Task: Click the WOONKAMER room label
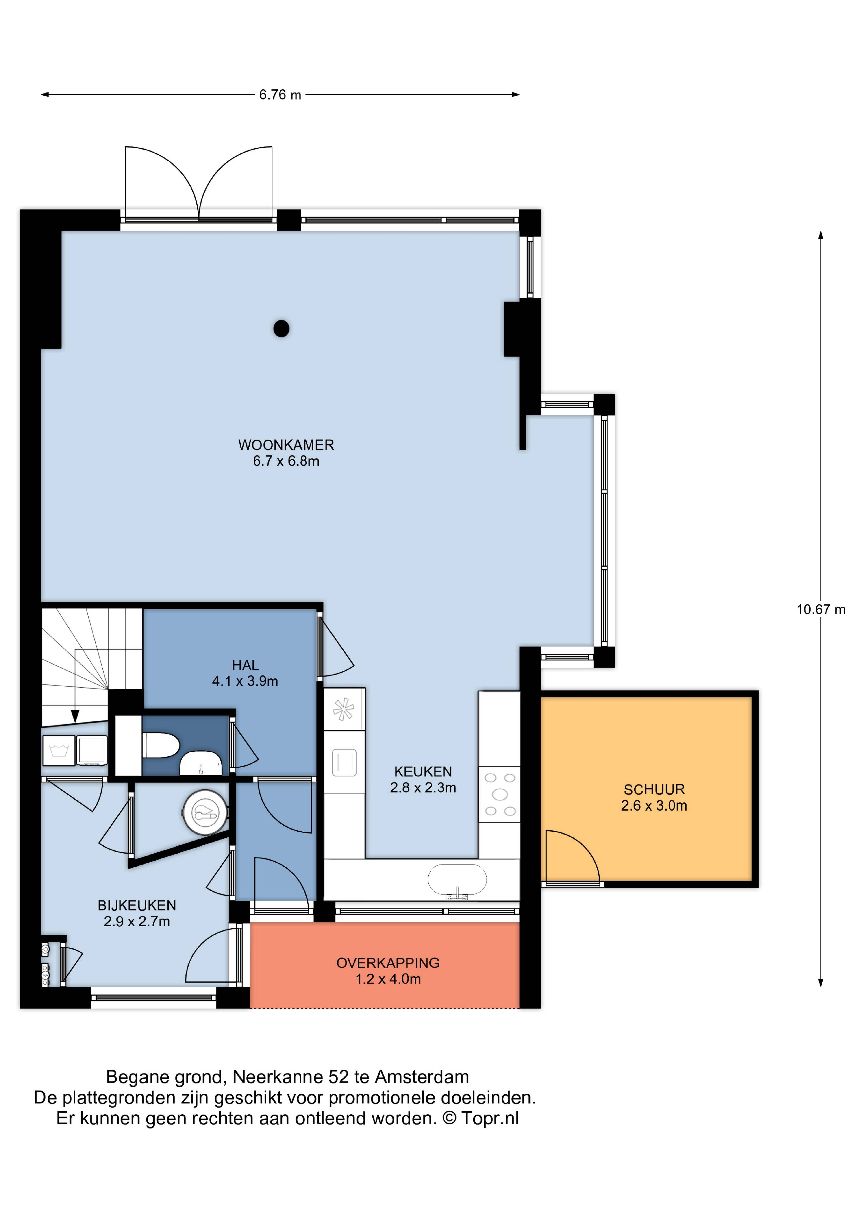click(x=286, y=445)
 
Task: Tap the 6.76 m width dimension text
click(x=280, y=95)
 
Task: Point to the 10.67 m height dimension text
click(x=821, y=610)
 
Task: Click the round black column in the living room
click(x=281, y=329)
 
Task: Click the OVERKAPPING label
click(x=388, y=963)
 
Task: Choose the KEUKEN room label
click(x=423, y=772)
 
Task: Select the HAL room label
click(x=245, y=665)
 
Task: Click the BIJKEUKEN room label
click(x=137, y=906)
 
